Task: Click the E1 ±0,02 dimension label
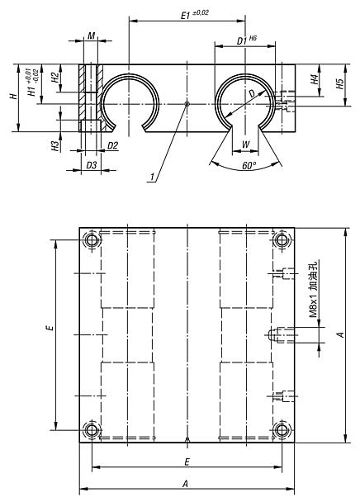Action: (x=195, y=14)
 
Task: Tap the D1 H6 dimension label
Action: (x=247, y=40)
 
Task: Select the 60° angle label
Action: (x=249, y=165)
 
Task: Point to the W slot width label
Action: (x=246, y=144)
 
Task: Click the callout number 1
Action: (x=153, y=177)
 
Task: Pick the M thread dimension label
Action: (x=92, y=36)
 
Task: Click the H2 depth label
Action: (x=55, y=77)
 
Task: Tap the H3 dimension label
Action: (x=55, y=146)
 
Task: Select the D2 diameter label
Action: (x=112, y=146)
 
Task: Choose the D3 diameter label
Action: (x=92, y=165)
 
